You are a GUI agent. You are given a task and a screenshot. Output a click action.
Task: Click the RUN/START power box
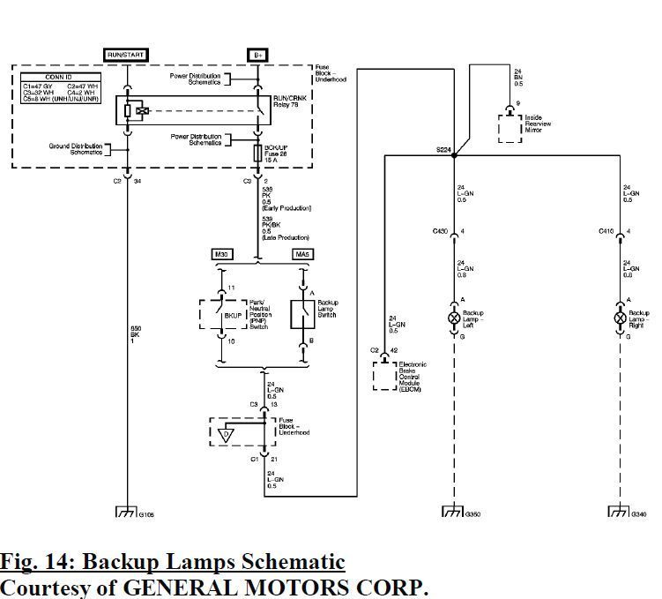126,55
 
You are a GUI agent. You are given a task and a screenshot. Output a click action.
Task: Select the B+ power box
258,55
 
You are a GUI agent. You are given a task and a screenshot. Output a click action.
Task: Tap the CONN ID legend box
60,87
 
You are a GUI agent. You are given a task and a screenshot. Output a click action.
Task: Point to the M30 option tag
221,255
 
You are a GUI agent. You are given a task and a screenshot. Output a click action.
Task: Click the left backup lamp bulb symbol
454,317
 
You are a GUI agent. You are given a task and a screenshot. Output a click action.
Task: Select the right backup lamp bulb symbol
620,317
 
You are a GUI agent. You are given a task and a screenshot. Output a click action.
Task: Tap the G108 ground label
146,513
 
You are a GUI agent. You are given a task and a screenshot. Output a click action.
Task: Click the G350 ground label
474,513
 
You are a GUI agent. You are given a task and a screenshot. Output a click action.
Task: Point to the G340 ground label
639,513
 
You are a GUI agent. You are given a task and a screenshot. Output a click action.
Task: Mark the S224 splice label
443,150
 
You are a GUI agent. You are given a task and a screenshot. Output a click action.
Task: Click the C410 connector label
606,231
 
